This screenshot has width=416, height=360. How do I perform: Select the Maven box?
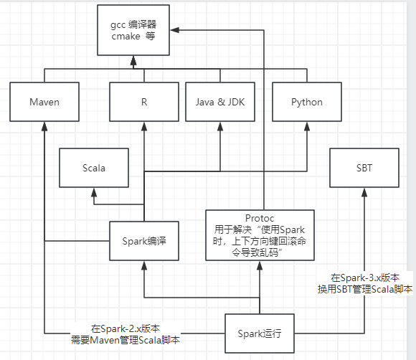point(44,102)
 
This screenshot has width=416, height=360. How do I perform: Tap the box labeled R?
point(144,102)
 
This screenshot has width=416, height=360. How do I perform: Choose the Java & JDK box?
point(219,102)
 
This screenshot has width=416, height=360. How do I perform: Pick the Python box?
point(306,102)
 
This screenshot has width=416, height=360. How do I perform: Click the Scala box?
point(94,168)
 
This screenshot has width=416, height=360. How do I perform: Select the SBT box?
point(364,168)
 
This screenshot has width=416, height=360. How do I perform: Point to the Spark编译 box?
point(144,242)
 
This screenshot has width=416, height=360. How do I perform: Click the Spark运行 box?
point(259,333)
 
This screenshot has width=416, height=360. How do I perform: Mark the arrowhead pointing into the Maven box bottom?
point(44,126)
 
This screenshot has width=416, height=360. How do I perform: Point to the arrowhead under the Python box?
point(306,126)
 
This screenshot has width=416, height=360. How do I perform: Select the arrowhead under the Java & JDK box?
point(219,126)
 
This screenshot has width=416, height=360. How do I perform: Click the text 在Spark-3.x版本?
point(364,278)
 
